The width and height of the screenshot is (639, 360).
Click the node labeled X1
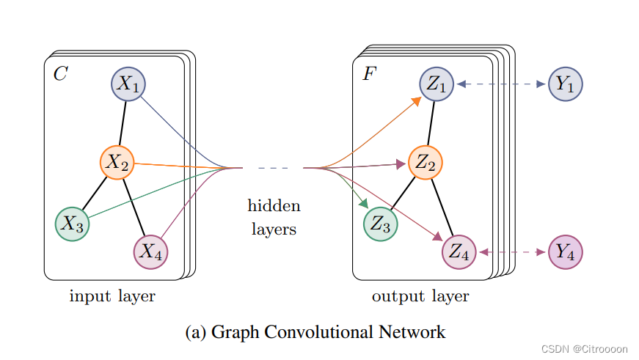(128, 84)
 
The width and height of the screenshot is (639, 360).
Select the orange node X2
(117, 163)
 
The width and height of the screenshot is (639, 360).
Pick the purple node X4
(150, 252)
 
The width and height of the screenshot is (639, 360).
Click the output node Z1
(437, 84)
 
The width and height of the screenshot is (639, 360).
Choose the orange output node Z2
(425, 163)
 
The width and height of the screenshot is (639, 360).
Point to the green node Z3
(380, 224)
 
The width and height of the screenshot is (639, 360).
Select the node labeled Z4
(459, 252)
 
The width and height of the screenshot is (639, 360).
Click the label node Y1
(565, 84)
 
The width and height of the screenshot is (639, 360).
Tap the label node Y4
(565, 252)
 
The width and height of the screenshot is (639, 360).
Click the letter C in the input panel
(60, 74)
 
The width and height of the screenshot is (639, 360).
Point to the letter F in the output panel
(369, 74)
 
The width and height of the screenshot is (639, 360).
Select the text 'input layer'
(112, 296)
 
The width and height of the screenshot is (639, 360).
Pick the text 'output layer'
(420, 296)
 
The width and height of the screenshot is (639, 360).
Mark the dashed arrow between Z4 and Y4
(512, 252)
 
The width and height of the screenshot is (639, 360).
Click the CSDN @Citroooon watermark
(583, 349)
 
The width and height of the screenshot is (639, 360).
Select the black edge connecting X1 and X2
(123, 123)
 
